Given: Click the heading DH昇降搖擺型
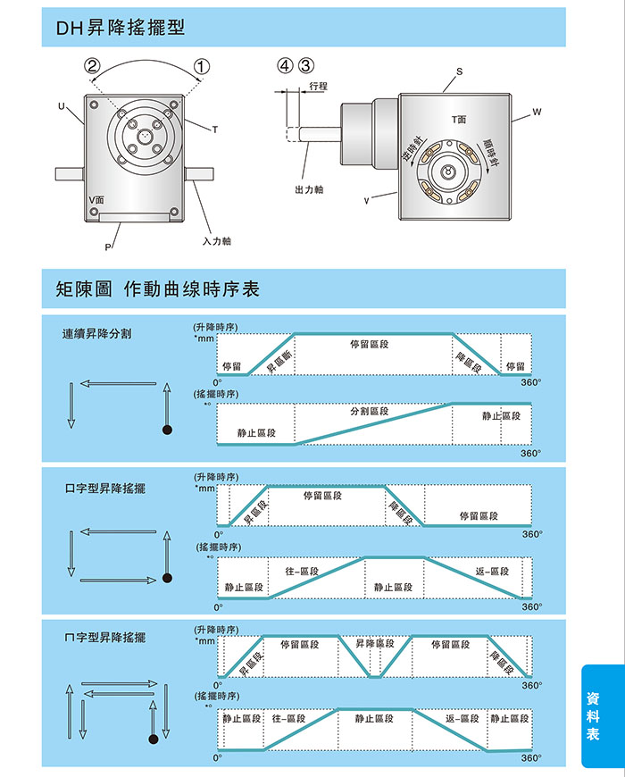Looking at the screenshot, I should [121, 28].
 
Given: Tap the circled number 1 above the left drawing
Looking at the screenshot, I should [202, 65].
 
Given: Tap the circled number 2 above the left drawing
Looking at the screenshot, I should [92, 65].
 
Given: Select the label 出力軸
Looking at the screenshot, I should [309, 189].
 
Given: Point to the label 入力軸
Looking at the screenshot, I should [217, 241].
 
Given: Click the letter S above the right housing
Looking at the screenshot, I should [459, 71].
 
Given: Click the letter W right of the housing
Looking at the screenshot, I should [537, 113].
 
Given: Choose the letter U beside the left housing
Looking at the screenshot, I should [62, 106].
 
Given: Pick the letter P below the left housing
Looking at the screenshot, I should [108, 246].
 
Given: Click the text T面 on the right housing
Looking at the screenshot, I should [459, 120].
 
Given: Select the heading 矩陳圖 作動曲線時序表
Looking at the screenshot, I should [157, 289].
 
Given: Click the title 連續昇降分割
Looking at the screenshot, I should [97, 333].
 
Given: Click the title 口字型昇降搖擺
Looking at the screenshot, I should [105, 489].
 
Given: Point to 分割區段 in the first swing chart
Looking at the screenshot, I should [369, 412].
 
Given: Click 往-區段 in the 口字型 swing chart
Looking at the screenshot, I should [302, 572].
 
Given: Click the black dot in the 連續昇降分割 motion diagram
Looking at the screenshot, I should [166, 430].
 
